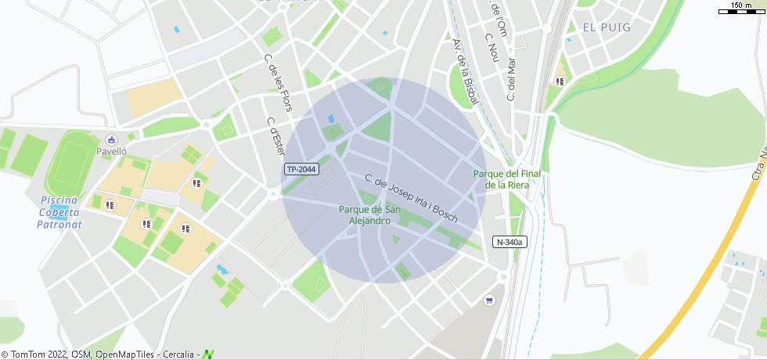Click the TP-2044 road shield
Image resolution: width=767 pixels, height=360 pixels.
[301, 169]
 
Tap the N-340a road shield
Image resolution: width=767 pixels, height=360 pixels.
[509, 243]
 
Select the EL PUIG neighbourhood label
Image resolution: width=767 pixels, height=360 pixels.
[606, 27]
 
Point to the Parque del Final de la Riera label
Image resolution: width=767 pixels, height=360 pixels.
[506, 179]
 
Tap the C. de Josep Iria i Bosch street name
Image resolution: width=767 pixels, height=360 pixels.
[410, 199]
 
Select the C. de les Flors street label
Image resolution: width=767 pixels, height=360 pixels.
[278, 82]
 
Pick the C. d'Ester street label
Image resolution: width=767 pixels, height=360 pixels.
[275, 137]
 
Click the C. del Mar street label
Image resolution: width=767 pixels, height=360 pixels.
[512, 78]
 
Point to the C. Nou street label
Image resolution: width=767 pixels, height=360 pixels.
[492, 46]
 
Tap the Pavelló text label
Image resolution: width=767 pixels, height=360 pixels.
[111, 151]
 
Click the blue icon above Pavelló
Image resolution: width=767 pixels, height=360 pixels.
[111, 139]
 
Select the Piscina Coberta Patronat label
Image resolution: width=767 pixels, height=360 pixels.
[59, 212]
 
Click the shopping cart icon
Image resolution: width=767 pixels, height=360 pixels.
[490, 300]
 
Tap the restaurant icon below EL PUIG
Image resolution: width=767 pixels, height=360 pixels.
[560, 80]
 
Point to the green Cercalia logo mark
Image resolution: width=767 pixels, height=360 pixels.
[208, 354]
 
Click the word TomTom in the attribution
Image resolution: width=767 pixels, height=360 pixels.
[30, 355]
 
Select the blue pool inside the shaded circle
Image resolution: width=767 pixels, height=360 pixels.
[330, 119]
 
